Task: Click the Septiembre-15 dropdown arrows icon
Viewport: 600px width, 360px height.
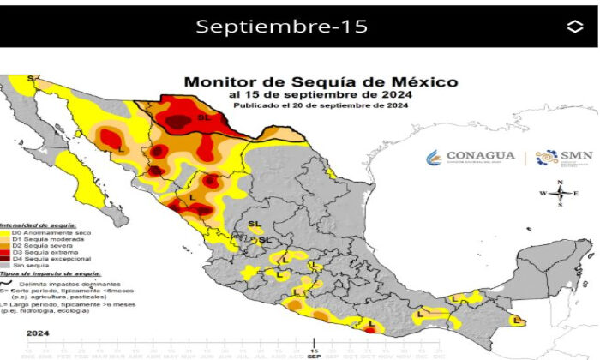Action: coord(574,27)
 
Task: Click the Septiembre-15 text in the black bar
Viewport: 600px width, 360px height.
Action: coord(282,27)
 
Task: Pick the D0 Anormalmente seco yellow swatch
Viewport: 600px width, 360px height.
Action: coord(5,231)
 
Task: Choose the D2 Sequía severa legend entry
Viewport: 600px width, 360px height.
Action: coord(39,246)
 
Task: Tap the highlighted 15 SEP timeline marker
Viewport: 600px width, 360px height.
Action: coord(314,351)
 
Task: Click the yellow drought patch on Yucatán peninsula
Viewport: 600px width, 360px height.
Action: coord(516,320)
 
